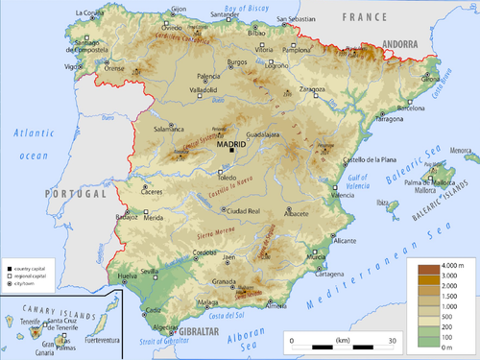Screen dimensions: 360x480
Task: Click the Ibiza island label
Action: point(387,203)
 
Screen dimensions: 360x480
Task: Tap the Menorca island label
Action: point(462,151)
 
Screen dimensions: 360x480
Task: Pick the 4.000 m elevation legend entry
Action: point(454,264)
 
